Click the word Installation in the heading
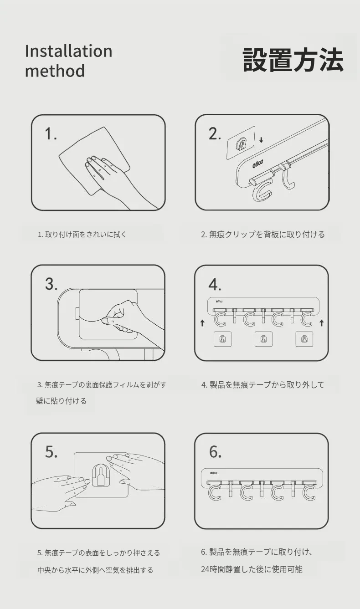click(x=68, y=51)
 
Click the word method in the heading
click(x=55, y=71)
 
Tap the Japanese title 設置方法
click(x=293, y=60)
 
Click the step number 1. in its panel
click(x=51, y=134)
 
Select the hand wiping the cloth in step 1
click(x=114, y=179)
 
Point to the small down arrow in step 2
click(x=261, y=140)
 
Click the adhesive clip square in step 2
click(x=241, y=143)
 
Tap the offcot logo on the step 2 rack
click(x=258, y=164)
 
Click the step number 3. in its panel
click(x=51, y=284)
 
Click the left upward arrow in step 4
click(x=202, y=322)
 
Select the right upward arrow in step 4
click(x=322, y=322)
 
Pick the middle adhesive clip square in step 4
click(x=263, y=339)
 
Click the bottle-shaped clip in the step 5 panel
click(x=101, y=475)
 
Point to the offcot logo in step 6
click(x=214, y=473)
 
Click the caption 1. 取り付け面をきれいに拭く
click(x=82, y=235)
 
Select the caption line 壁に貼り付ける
click(x=61, y=401)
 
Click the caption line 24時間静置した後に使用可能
click(x=252, y=569)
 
